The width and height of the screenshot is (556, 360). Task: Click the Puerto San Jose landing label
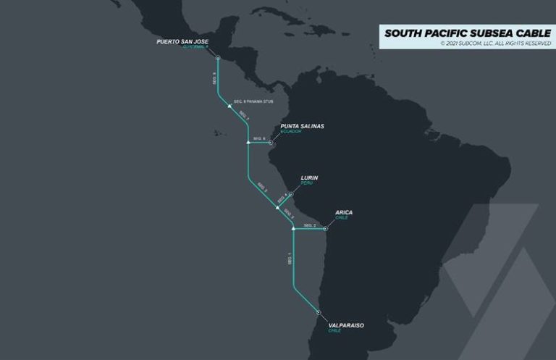click(182, 42)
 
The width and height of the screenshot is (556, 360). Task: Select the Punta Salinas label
click(302, 126)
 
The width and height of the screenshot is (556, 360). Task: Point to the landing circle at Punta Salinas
click(271, 143)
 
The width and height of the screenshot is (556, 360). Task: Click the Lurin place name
click(309, 177)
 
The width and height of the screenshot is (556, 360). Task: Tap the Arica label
click(344, 212)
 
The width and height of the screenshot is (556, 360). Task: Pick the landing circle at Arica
click(326, 229)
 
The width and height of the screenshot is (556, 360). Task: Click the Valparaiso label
click(346, 325)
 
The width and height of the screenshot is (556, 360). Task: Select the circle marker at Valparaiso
click(319, 311)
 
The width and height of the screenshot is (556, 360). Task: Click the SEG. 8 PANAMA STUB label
click(253, 101)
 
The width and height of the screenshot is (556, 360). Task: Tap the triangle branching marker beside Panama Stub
click(229, 106)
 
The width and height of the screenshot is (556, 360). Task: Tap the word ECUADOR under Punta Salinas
click(291, 132)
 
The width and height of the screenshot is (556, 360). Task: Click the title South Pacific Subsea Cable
click(467, 33)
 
